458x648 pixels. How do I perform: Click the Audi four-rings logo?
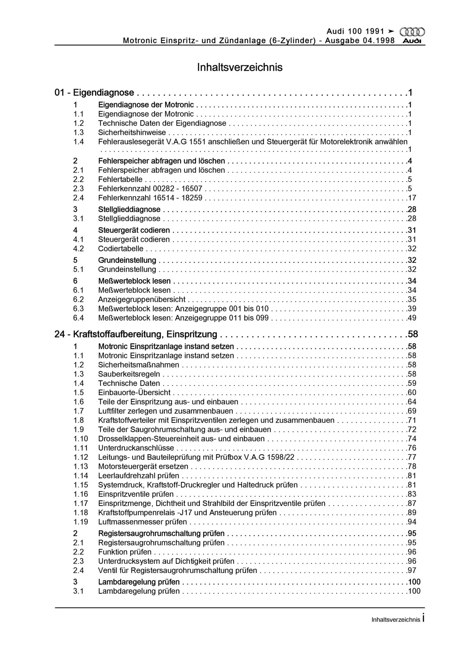pyautogui.click(x=412, y=32)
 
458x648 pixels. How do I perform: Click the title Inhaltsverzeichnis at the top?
pyautogui.click(x=240, y=67)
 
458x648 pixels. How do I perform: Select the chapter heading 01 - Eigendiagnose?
pyautogui.click(x=94, y=92)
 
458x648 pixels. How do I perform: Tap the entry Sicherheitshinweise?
pyautogui.click(x=132, y=133)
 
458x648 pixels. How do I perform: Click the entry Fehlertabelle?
pyautogui.click(x=120, y=180)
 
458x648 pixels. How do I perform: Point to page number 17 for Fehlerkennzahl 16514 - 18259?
pyautogui.click(x=412, y=198)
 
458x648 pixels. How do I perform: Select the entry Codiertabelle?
pyautogui.click(x=120, y=249)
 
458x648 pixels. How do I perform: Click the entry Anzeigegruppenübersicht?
pyautogui.click(x=142, y=299)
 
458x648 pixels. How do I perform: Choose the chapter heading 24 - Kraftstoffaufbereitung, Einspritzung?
pyautogui.click(x=136, y=334)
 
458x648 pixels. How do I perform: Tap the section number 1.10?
pyautogui.click(x=81, y=439)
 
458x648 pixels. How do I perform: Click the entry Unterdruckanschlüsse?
pyautogui.click(x=136, y=448)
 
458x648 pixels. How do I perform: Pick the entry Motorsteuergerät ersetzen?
pyautogui.click(x=143, y=466)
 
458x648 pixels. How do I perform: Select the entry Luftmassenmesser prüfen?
pyautogui.click(x=142, y=522)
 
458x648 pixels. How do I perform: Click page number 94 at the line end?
pyautogui.click(x=412, y=522)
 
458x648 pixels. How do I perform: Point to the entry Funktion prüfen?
pyautogui.click(x=125, y=552)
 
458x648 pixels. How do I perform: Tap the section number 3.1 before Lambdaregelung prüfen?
pyautogui.click(x=78, y=591)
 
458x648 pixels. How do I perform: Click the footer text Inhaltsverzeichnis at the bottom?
pyautogui.click(x=396, y=620)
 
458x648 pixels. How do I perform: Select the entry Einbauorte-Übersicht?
pyautogui.click(x=134, y=393)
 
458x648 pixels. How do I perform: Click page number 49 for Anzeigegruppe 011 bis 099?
pyautogui.click(x=412, y=318)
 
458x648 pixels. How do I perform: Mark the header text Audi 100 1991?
pyautogui.click(x=355, y=32)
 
